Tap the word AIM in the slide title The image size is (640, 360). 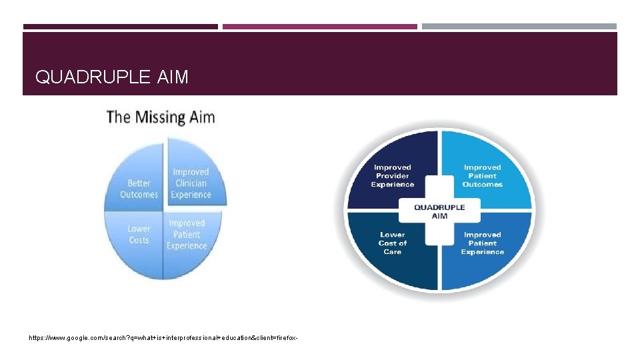tap(173, 77)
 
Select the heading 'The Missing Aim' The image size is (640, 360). tap(161, 117)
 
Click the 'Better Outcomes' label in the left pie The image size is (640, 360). tap(139, 189)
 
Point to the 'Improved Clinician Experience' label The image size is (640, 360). tap(191, 183)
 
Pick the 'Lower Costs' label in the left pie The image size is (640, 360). tap(139, 234)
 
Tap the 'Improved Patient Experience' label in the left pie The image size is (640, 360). tap(187, 234)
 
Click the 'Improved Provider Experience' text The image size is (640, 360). tap(393, 175)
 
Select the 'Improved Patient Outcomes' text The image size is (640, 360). tap(482, 175)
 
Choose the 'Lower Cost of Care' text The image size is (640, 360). tap(393, 243)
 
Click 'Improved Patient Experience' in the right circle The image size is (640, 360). tap(482, 243)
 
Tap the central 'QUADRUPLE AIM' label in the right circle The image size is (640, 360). tap(439, 211)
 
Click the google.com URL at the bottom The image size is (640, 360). tap(163, 338)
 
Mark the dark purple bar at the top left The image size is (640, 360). tap(121, 27)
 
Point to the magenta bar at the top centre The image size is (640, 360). tap(320, 27)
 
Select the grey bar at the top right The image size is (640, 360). tap(519, 27)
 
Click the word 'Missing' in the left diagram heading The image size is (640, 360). tap(161, 117)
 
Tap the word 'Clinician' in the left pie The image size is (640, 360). tap(191, 183)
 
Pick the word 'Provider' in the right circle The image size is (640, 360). tap(393, 176)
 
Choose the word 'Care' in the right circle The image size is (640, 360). tap(393, 251)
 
